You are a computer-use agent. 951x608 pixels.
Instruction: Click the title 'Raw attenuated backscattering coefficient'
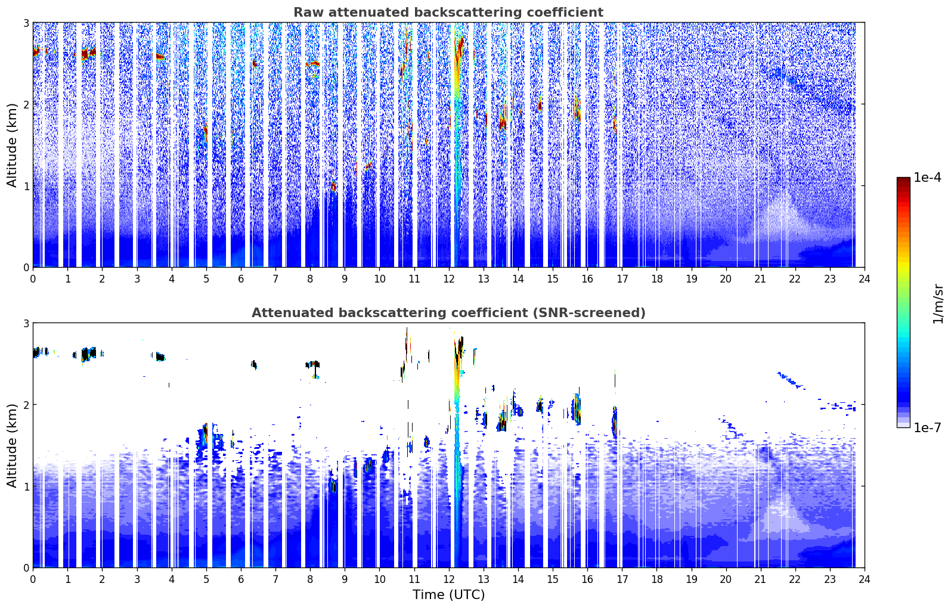[448, 12]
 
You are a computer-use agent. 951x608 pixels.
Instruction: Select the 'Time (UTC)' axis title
[448, 594]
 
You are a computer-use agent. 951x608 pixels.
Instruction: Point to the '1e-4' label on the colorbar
[927, 178]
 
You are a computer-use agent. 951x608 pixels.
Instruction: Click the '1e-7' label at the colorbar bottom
[927, 427]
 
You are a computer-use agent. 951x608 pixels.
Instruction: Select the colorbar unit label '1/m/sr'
[938, 305]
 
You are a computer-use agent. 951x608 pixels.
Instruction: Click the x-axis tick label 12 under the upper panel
[449, 279]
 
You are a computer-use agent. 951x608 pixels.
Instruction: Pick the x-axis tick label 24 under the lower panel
[865, 579]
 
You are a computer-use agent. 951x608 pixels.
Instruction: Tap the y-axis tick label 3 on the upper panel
[26, 23]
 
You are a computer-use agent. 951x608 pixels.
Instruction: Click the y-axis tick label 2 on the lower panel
[26, 405]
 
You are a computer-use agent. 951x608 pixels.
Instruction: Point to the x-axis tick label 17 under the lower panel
[622, 579]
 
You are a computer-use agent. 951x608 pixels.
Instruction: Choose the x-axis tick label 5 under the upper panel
[206, 279]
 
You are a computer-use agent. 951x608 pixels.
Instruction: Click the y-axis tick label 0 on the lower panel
[26, 567]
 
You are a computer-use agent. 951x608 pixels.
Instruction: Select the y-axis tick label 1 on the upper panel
[26, 185]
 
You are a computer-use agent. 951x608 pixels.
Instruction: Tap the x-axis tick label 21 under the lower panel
[760, 579]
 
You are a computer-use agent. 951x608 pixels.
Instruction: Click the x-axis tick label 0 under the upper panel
[33, 279]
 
